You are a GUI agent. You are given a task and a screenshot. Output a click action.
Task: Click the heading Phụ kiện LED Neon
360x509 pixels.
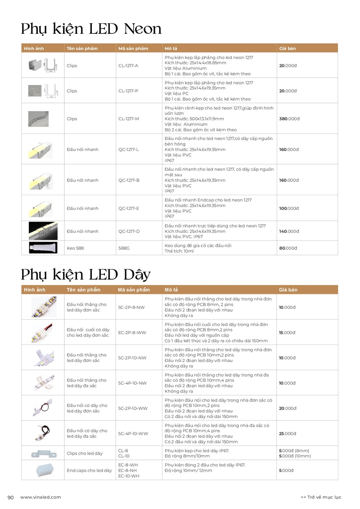91,29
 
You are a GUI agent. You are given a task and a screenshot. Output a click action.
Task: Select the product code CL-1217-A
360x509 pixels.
128,66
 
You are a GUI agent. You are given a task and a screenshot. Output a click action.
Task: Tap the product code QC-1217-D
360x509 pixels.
129,231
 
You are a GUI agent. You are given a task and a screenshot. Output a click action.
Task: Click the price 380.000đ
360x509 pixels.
288,119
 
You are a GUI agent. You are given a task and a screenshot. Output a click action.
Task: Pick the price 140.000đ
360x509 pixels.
288,231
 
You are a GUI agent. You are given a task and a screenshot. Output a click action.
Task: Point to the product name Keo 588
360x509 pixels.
75,248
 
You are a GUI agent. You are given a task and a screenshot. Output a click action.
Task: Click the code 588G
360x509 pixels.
124,248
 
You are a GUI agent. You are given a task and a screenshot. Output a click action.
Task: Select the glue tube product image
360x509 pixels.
43,247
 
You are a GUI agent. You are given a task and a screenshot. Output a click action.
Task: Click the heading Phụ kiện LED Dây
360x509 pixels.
85,274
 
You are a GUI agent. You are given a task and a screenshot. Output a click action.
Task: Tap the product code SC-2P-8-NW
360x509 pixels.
131,307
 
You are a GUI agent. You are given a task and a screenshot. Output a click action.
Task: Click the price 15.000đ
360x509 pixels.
287,332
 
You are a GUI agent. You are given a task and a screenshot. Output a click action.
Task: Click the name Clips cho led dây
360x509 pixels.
85,453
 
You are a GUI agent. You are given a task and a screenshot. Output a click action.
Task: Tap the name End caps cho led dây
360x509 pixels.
89,470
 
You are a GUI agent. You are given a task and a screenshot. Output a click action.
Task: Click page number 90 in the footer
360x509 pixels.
11,497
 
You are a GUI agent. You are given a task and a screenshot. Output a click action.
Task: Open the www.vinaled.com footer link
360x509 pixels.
40,497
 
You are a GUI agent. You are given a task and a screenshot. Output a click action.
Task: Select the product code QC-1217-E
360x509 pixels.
129,208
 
